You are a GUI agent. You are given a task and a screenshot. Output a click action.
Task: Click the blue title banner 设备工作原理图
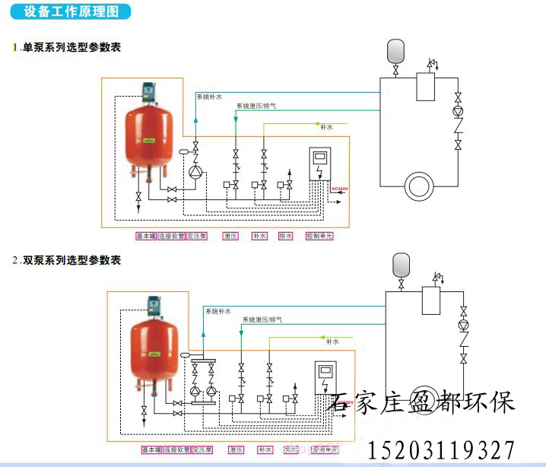(x=72, y=12)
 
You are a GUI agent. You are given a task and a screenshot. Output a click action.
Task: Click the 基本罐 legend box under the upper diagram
(x=145, y=237)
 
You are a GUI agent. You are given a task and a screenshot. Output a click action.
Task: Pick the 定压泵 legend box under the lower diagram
(x=202, y=450)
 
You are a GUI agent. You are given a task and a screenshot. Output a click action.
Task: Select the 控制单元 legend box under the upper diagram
(x=319, y=237)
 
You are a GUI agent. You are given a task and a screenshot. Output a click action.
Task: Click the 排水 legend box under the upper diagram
(x=285, y=237)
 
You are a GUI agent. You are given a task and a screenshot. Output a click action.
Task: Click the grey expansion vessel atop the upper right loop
(x=396, y=50)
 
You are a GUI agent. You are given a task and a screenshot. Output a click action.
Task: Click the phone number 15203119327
(x=442, y=450)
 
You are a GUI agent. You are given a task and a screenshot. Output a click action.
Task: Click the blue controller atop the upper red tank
(x=150, y=93)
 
